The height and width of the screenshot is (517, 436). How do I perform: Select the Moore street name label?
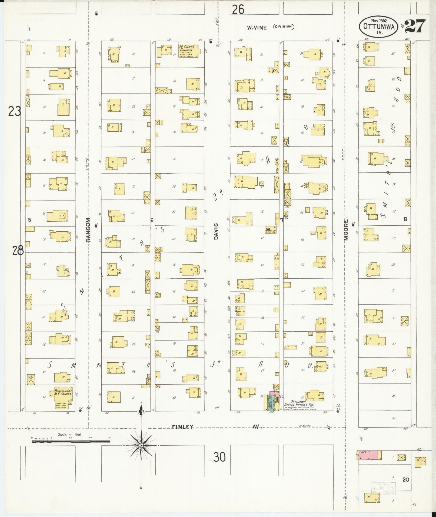pos(346,230)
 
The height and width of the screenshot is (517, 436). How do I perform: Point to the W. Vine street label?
pos(257,27)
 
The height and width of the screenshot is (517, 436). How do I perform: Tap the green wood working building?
pos(269,403)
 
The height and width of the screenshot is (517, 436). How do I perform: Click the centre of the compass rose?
pos(141,445)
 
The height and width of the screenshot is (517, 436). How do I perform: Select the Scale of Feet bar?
pos(71,441)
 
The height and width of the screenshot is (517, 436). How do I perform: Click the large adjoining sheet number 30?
pos(219,458)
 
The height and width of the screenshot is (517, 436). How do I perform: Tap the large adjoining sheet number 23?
pos(14,111)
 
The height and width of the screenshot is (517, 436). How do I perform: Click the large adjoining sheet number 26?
pos(238,9)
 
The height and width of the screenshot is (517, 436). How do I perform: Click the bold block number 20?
pos(405,480)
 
